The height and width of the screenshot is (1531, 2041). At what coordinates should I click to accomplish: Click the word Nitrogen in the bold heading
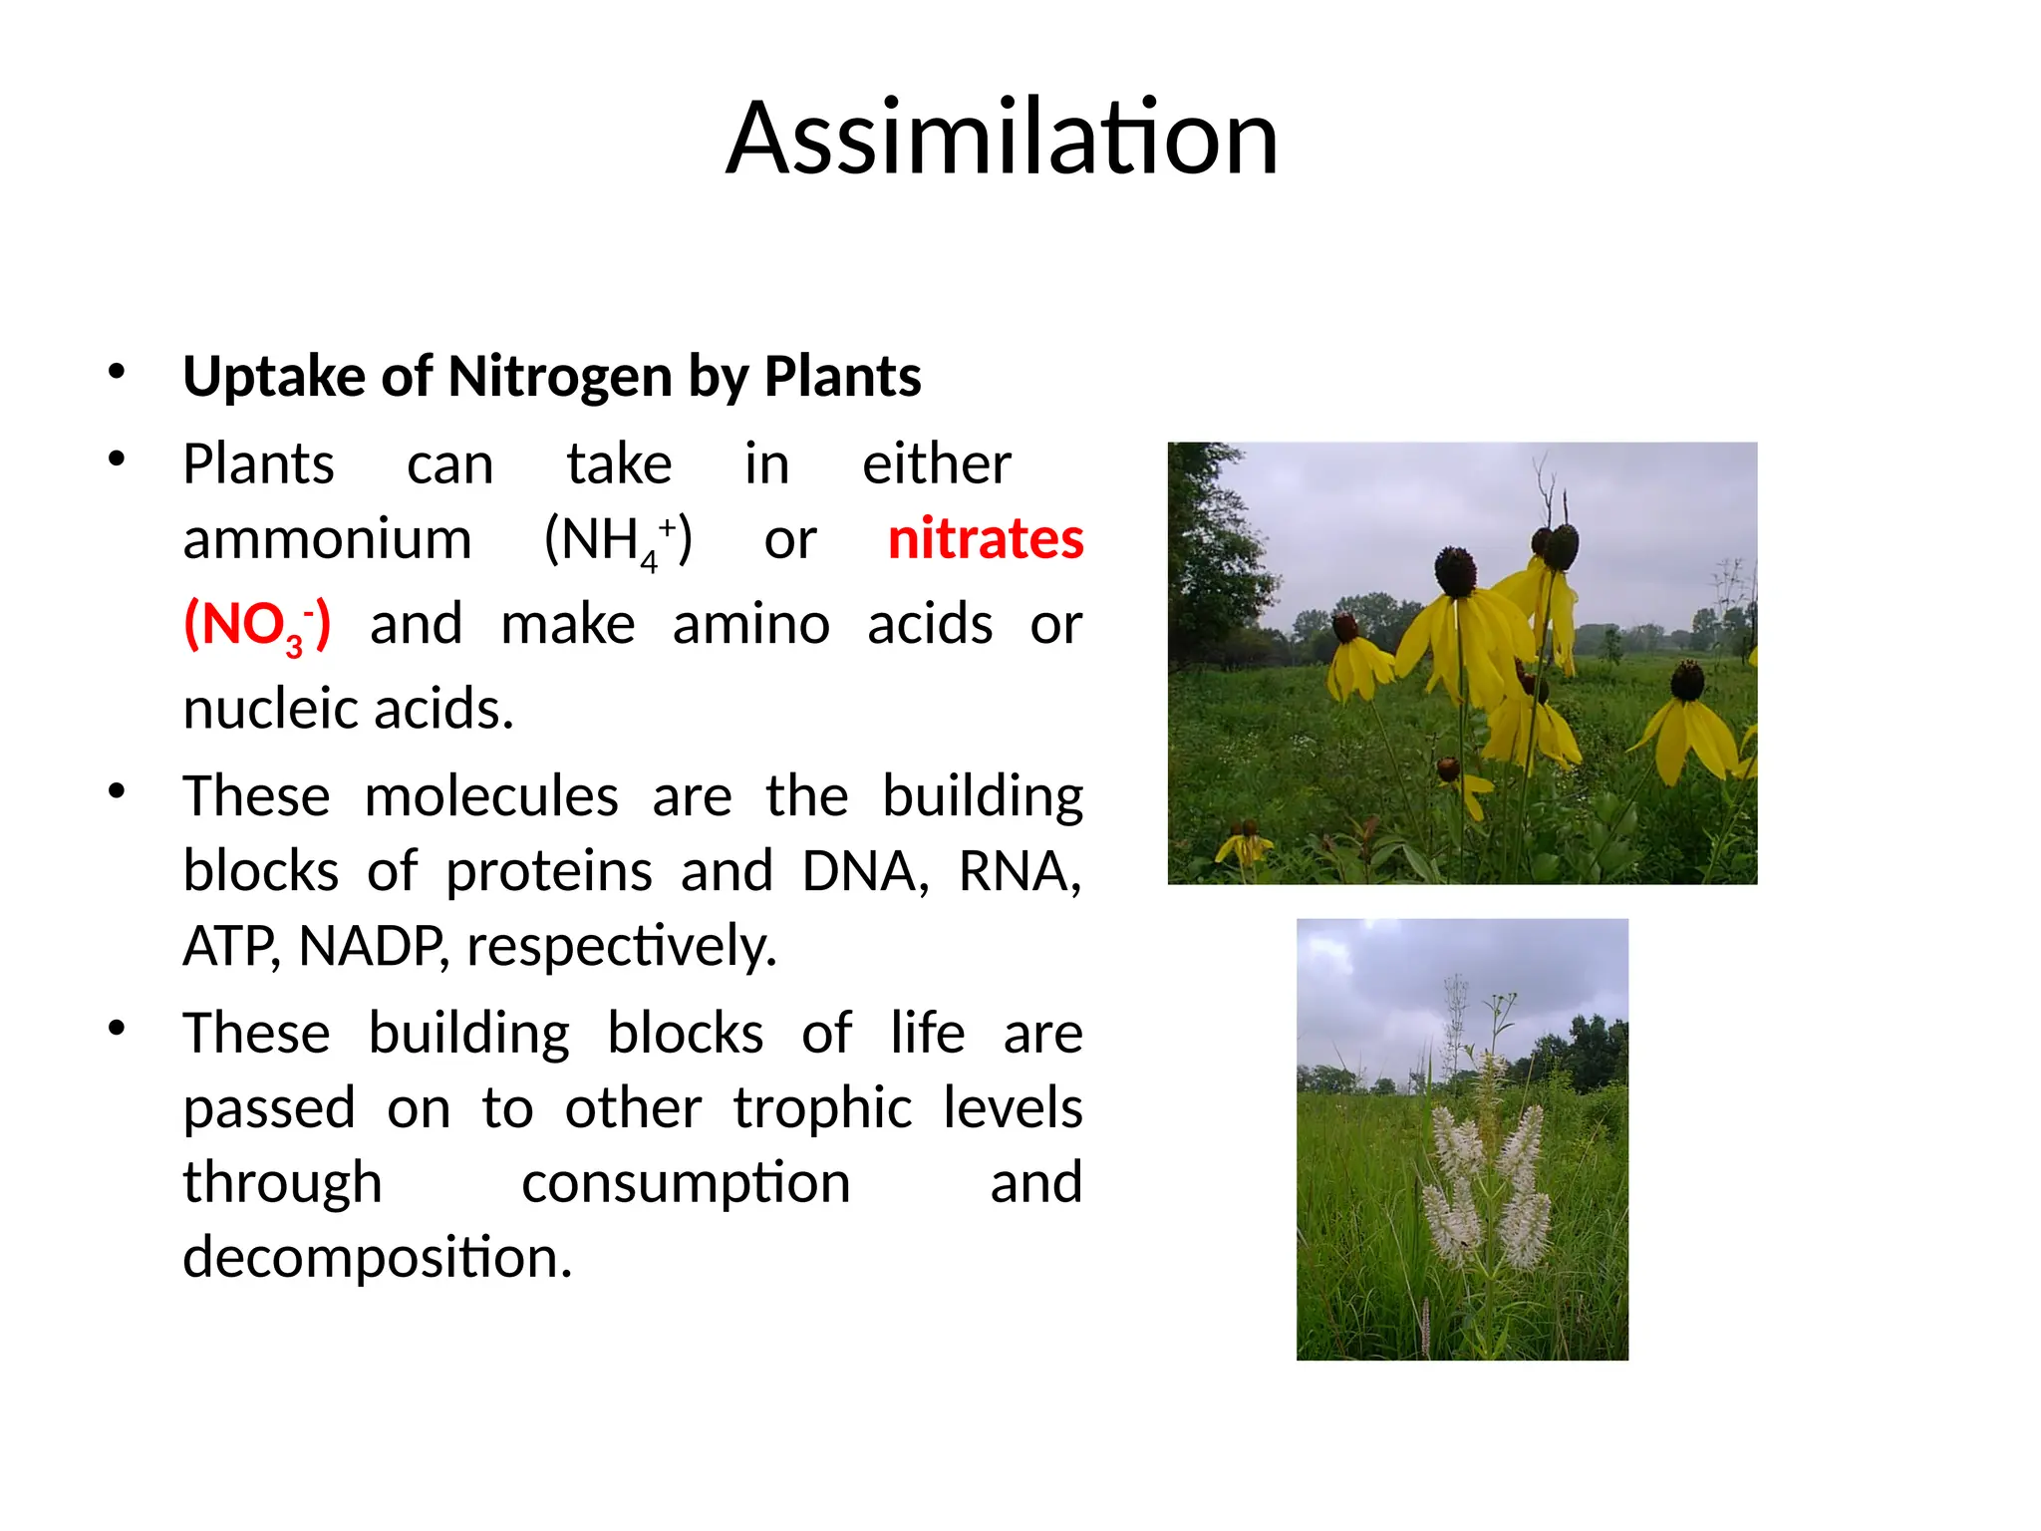click(560, 377)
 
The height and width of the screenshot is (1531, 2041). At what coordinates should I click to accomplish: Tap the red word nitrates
click(985, 539)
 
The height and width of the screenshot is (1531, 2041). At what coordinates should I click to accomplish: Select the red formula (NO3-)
click(257, 626)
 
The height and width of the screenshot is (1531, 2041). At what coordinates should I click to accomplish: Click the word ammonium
click(327, 539)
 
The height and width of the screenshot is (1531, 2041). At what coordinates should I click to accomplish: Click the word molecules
click(491, 796)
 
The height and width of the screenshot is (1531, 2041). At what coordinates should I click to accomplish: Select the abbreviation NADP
click(372, 946)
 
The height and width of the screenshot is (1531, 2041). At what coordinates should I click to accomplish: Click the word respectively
click(621, 946)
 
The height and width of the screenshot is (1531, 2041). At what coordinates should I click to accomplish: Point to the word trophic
click(822, 1108)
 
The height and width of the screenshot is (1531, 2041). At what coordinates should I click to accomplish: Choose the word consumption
click(686, 1183)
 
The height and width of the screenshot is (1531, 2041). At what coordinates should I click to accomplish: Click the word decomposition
click(377, 1258)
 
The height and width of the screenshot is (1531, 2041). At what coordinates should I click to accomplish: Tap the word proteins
click(548, 871)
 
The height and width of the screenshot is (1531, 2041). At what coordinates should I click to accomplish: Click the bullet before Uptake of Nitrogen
click(117, 372)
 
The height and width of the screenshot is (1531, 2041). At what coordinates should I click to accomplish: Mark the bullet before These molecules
click(117, 792)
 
